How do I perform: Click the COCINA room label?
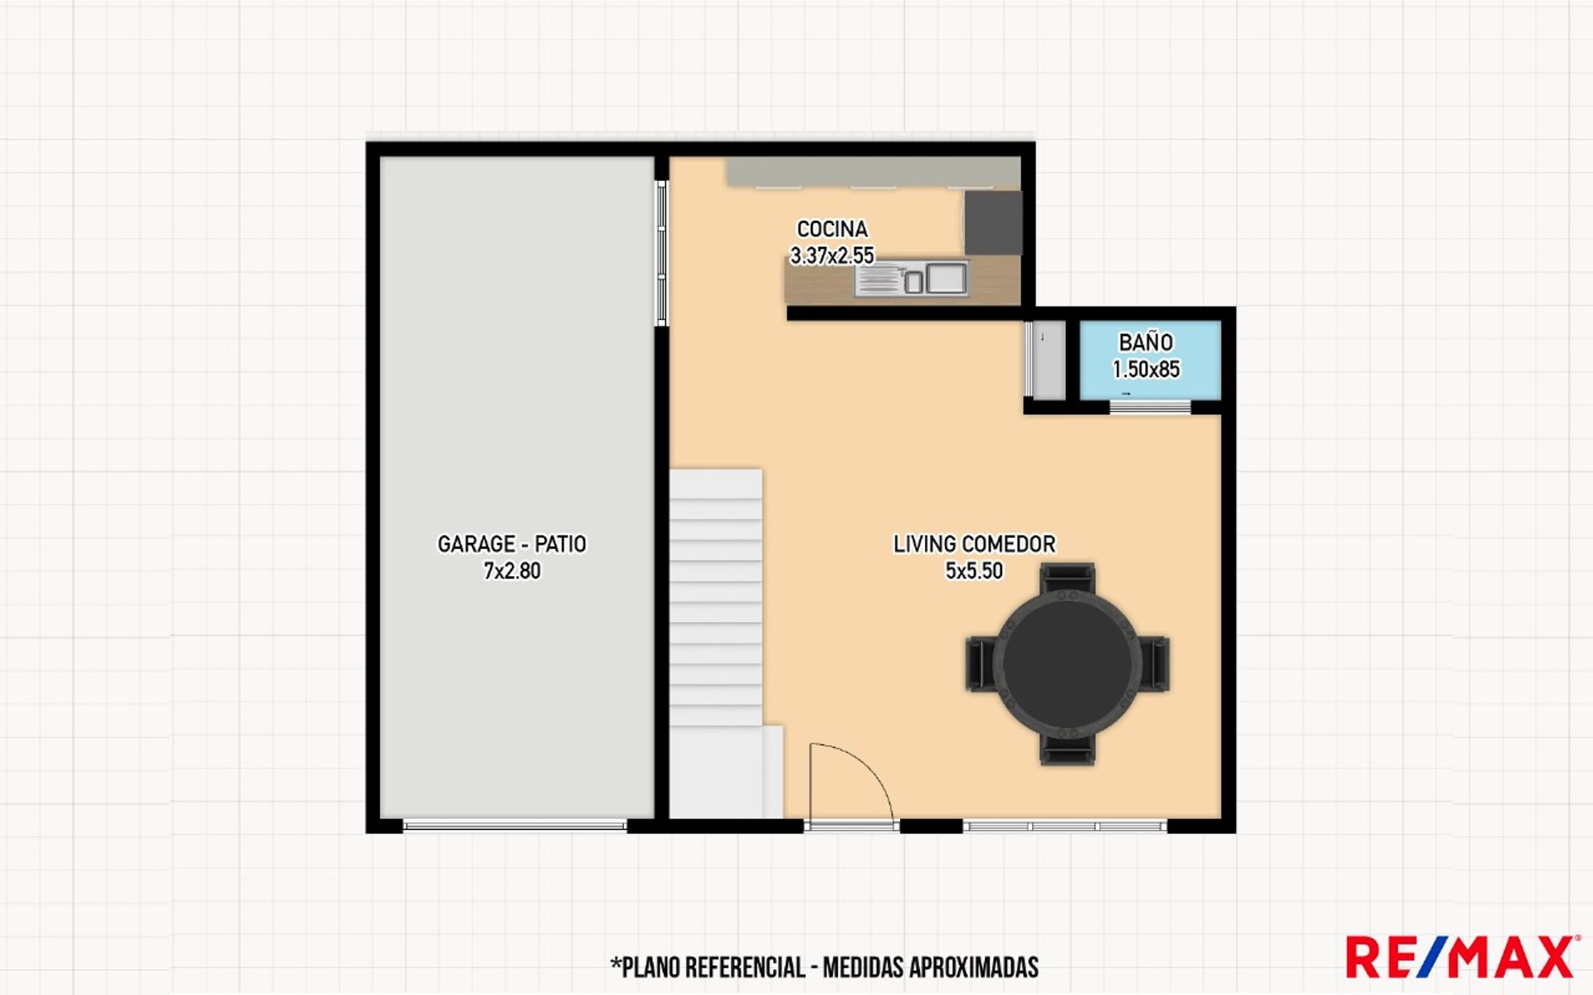pos(832,229)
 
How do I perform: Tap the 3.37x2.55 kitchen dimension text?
pos(832,255)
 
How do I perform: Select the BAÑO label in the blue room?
pos(1146,342)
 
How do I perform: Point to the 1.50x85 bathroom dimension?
pos(1146,369)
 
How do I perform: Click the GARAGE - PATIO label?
pos(512,544)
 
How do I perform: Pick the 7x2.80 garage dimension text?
pos(512,570)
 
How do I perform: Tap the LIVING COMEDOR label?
pos(974,544)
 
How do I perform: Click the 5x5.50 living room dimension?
pos(974,570)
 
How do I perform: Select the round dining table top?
pos(1068,663)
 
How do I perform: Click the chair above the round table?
pos(1068,577)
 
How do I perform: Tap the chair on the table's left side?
pos(981,663)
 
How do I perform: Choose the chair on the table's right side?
pos(1155,663)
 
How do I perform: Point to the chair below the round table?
pos(1068,750)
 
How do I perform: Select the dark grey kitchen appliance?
pos(992,222)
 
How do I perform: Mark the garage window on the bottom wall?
pos(514,825)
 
